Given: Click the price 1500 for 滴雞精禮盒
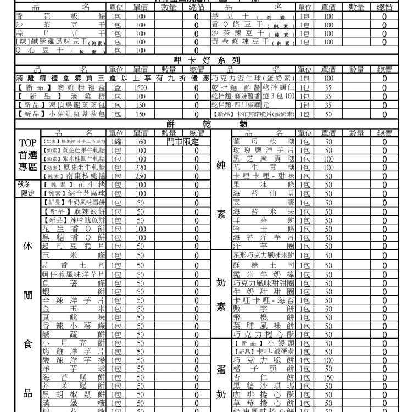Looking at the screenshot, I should pyautogui.click(x=140, y=87).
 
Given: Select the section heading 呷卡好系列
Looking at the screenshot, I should pyautogui.click(x=205, y=60).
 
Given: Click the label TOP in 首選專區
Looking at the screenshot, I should pyautogui.click(x=28, y=144).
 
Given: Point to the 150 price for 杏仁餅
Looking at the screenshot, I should pyautogui.click(x=329, y=378).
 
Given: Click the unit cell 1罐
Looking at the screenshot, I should pyautogui.click(x=116, y=141).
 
